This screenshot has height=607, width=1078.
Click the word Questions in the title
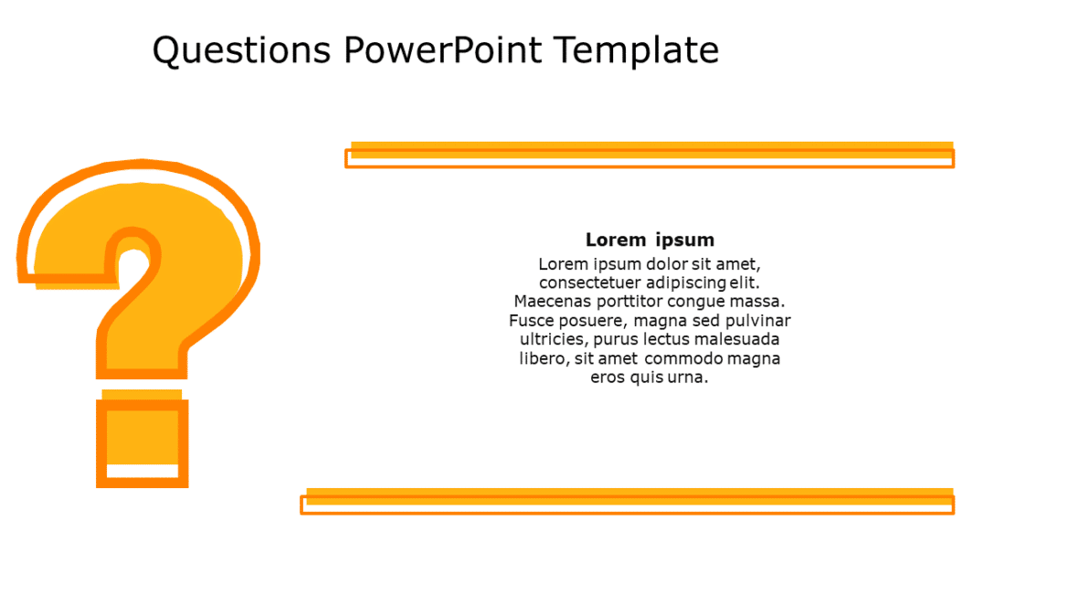pyautogui.click(x=241, y=50)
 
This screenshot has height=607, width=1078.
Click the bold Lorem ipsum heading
pyautogui.click(x=650, y=240)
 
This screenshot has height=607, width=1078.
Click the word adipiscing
pyautogui.click(x=685, y=283)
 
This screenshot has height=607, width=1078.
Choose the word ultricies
pyautogui.click(x=552, y=340)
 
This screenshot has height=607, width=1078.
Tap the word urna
pyautogui.click(x=686, y=378)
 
